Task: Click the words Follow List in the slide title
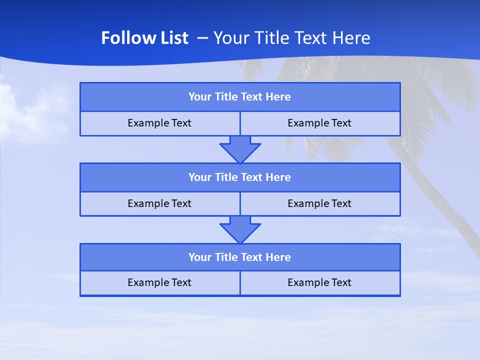click(144, 38)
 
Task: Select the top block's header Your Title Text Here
click(239, 97)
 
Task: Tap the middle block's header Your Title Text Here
click(239, 177)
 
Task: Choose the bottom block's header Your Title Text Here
click(239, 257)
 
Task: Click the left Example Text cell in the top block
click(159, 123)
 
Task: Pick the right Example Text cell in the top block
click(319, 123)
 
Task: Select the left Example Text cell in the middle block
click(159, 203)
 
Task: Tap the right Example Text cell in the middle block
click(319, 203)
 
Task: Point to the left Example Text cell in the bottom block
click(159, 283)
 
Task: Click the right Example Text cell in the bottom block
click(319, 283)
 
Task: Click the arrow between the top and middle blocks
click(240, 149)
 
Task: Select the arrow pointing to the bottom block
click(240, 229)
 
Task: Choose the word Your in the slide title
click(230, 38)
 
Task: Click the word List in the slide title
click(174, 38)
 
